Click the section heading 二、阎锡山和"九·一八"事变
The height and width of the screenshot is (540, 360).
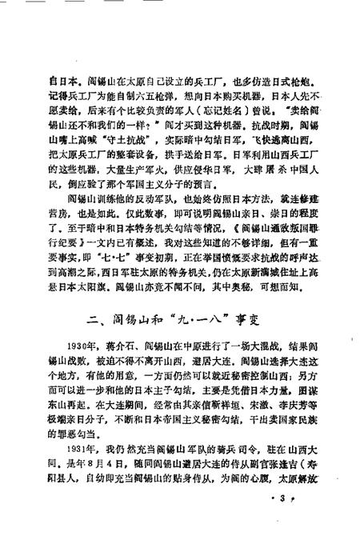[x=180, y=319]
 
